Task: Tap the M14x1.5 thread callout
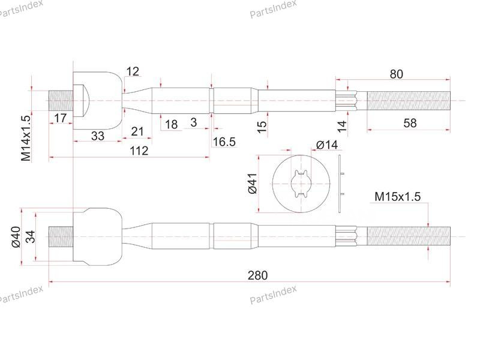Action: [25, 137]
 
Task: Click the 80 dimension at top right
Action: [396, 74]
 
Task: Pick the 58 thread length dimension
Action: [410, 123]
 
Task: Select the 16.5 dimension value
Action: [224, 142]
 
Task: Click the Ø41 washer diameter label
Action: [252, 182]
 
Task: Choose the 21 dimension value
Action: [137, 131]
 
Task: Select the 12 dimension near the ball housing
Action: [133, 71]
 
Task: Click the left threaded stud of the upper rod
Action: [60, 100]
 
